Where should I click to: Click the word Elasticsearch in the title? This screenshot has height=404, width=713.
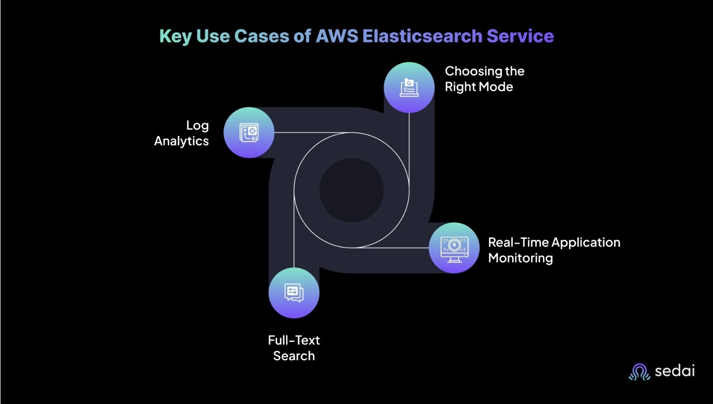[x=422, y=36]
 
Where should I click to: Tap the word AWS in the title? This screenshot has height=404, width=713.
[x=337, y=36]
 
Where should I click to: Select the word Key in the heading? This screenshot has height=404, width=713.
[x=175, y=37]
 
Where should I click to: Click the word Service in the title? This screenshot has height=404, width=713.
[x=520, y=36]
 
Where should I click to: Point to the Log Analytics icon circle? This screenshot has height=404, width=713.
[x=249, y=133]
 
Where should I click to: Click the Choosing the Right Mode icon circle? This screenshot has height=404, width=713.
[x=409, y=88]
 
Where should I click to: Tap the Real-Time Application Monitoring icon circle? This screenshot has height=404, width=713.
[x=454, y=247]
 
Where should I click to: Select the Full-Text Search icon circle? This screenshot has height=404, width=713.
[x=294, y=293]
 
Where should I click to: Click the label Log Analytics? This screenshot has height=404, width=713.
[x=182, y=133]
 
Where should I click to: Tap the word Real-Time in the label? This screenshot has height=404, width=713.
[x=518, y=243]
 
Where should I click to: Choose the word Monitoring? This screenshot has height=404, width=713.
[x=520, y=258]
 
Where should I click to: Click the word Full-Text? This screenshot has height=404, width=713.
[x=294, y=340]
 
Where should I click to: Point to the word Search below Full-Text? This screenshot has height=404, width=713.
[x=294, y=356]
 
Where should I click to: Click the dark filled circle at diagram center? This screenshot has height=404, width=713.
[x=351, y=190]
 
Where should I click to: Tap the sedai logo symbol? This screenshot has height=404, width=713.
[x=639, y=372]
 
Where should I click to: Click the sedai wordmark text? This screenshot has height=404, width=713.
[x=674, y=371]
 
